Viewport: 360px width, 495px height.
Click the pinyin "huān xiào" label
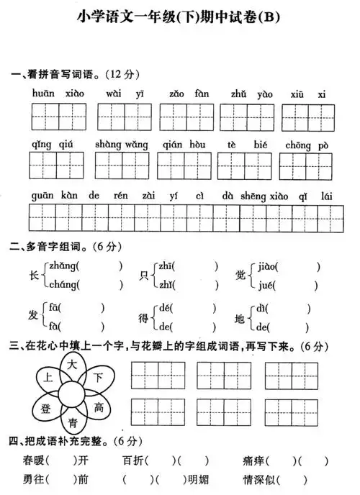(x=58, y=94)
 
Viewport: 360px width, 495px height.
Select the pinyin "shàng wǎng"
(x=121, y=145)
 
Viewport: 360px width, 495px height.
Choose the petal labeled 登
(x=45, y=408)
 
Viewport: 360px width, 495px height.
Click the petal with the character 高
(x=99, y=408)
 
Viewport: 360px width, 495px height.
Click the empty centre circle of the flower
(x=72, y=394)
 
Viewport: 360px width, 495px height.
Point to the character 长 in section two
(x=33, y=276)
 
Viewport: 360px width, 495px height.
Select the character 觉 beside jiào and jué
(x=240, y=276)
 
